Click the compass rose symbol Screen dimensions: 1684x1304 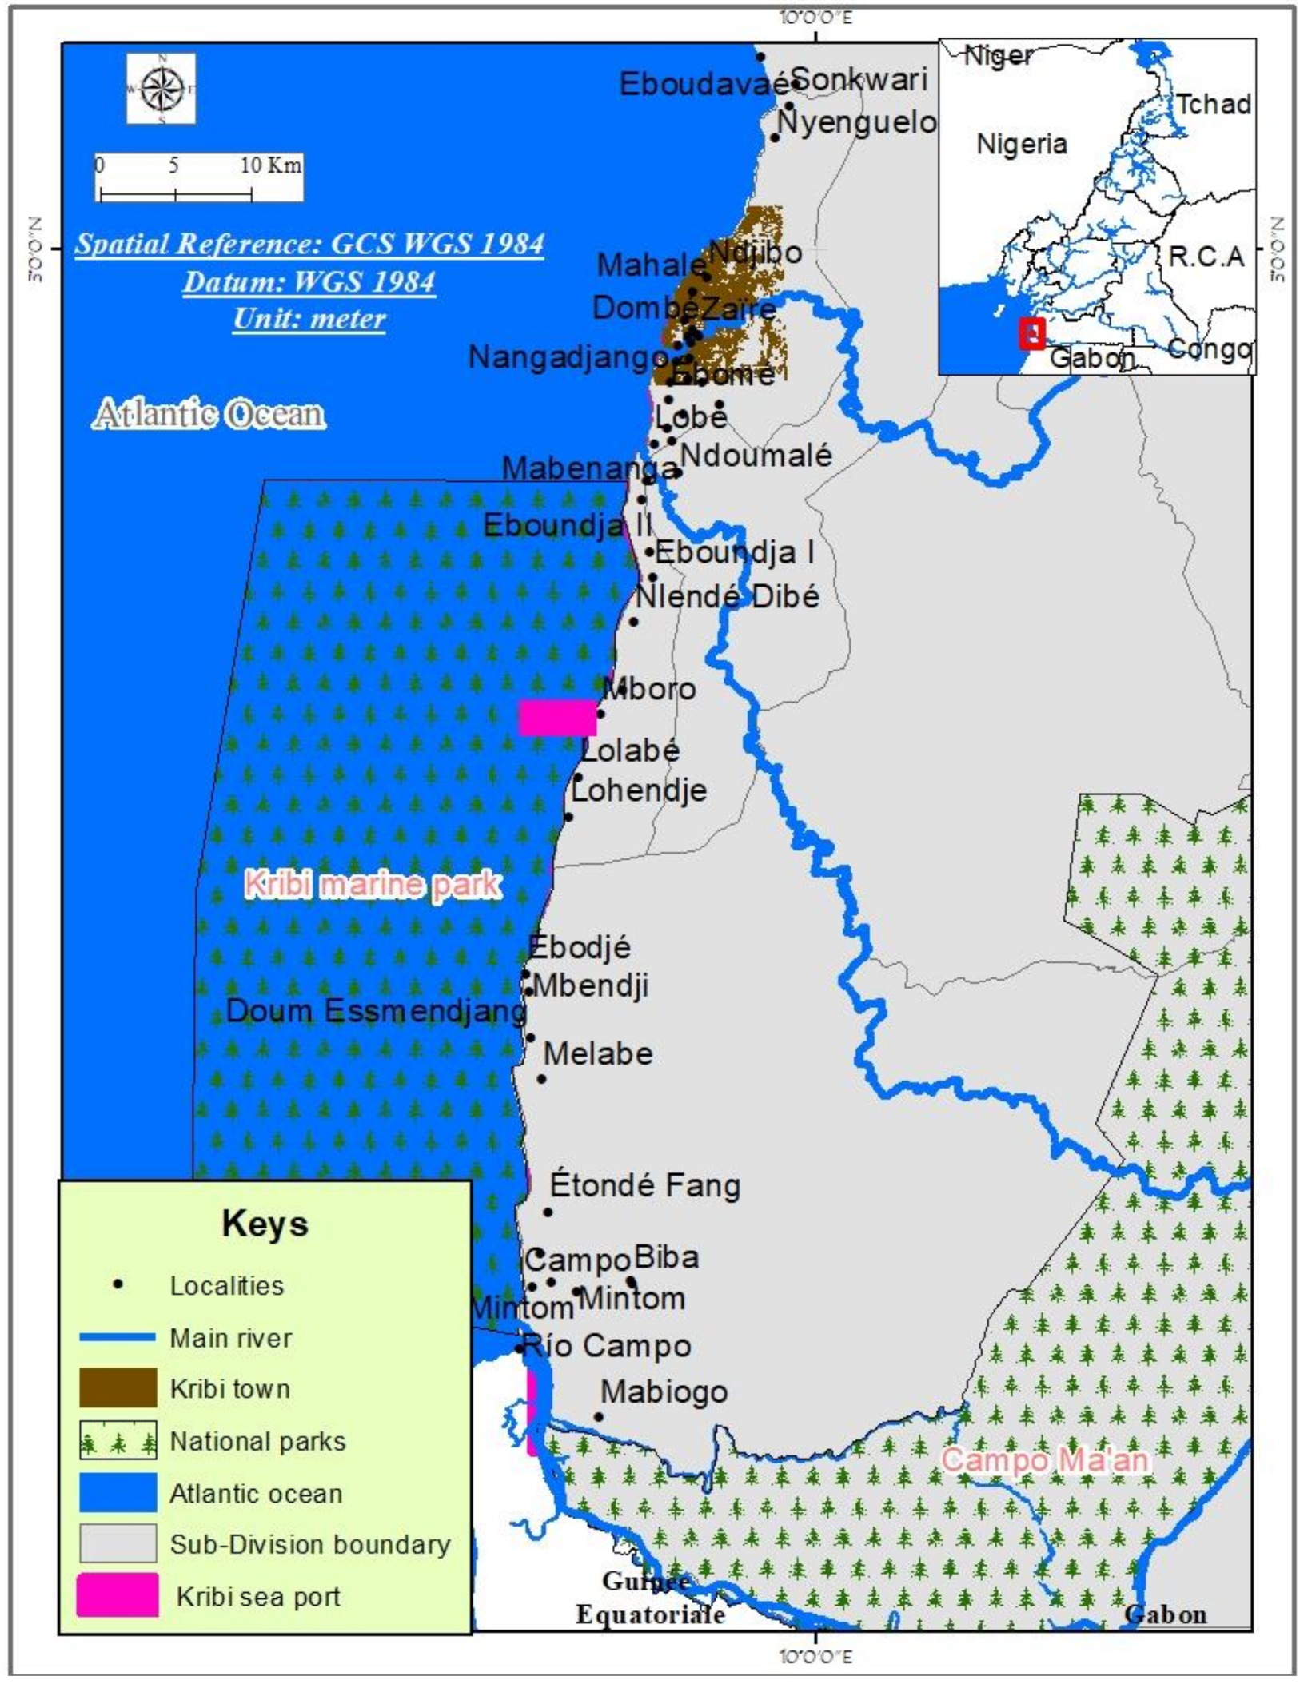click(161, 88)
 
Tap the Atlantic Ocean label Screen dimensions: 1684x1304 click(209, 414)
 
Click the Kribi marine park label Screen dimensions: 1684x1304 click(373, 884)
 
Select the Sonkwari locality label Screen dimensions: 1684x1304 click(859, 79)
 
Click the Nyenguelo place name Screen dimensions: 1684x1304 click(856, 122)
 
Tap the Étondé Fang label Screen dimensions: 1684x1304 click(645, 1184)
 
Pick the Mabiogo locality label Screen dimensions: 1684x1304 click(664, 1391)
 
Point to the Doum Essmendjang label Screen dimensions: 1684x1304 click(376, 1011)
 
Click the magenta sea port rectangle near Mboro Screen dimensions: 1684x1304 click(557, 717)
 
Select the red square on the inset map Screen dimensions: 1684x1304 click(1031, 333)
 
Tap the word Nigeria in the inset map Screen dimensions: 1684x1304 click(1022, 145)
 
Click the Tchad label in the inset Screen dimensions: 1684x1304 click(1212, 104)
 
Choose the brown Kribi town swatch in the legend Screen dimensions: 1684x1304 click(118, 1388)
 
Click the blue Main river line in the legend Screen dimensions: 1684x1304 click(117, 1337)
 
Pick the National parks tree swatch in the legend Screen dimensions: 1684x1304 click(118, 1440)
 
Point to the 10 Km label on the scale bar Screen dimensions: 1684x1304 click(271, 165)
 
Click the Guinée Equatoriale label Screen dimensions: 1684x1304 click(650, 1598)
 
